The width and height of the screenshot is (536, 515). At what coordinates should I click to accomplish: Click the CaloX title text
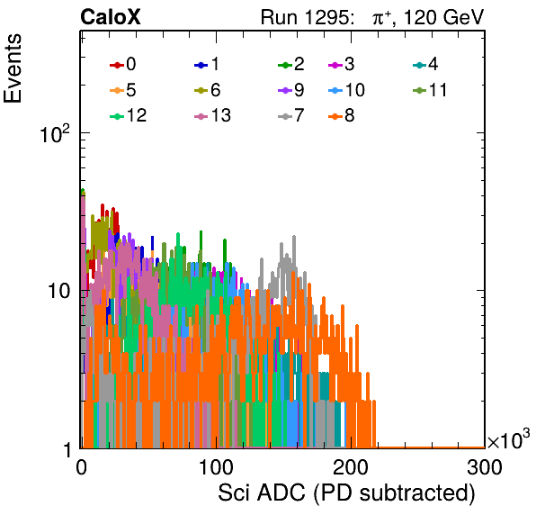tap(110, 17)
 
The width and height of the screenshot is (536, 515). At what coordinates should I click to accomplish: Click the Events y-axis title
tap(13, 68)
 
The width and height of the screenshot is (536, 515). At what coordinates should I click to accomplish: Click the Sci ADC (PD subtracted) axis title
tap(346, 493)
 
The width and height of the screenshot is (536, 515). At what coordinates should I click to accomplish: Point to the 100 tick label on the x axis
tap(216, 467)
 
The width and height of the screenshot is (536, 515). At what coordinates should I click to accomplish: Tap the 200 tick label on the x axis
tap(351, 467)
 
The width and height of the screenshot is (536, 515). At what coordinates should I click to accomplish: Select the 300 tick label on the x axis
tap(485, 467)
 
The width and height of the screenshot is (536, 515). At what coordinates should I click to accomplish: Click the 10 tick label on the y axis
tap(59, 291)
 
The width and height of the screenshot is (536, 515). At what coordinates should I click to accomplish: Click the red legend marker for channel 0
tap(117, 65)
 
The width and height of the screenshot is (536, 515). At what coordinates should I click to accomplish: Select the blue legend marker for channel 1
tap(201, 65)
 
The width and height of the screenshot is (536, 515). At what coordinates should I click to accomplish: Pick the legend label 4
tap(433, 64)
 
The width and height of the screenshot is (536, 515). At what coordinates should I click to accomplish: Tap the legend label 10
tap(355, 90)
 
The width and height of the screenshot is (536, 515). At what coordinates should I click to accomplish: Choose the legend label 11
tap(438, 90)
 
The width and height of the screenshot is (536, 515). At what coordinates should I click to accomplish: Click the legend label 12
tap(137, 115)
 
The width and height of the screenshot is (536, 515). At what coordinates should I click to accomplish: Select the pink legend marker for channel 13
tap(201, 116)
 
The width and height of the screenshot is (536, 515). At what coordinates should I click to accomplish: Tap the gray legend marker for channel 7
tap(285, 116)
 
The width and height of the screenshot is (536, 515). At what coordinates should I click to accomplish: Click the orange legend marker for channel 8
tap(335, 116)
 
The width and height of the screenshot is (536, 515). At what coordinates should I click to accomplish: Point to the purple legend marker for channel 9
tap(285, 91)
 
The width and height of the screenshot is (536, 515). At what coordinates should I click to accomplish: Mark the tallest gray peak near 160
tap(294, 237)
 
